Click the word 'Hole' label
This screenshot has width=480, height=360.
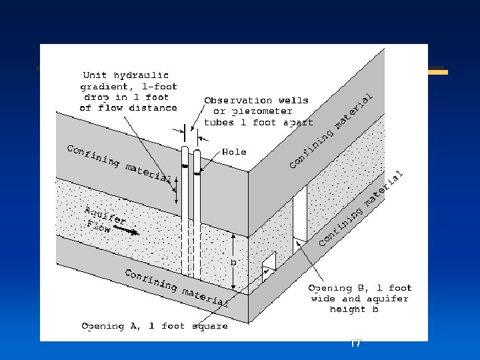click(x=233, y=152)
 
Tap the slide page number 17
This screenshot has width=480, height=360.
click(x=356, y=343)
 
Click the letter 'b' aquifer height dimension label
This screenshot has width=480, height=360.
click(x=233, y=262)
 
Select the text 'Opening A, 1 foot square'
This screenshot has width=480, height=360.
click(x=155, y=326)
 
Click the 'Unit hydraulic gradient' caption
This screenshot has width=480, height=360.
click(x=129, y=91)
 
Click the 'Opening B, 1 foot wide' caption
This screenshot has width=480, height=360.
click(x=359, y=299)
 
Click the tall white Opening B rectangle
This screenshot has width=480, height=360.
click(x=300, y=213)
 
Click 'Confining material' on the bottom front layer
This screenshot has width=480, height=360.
click(x=177, y=288)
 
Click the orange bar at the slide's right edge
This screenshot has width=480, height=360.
click(x=437, y=71)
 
